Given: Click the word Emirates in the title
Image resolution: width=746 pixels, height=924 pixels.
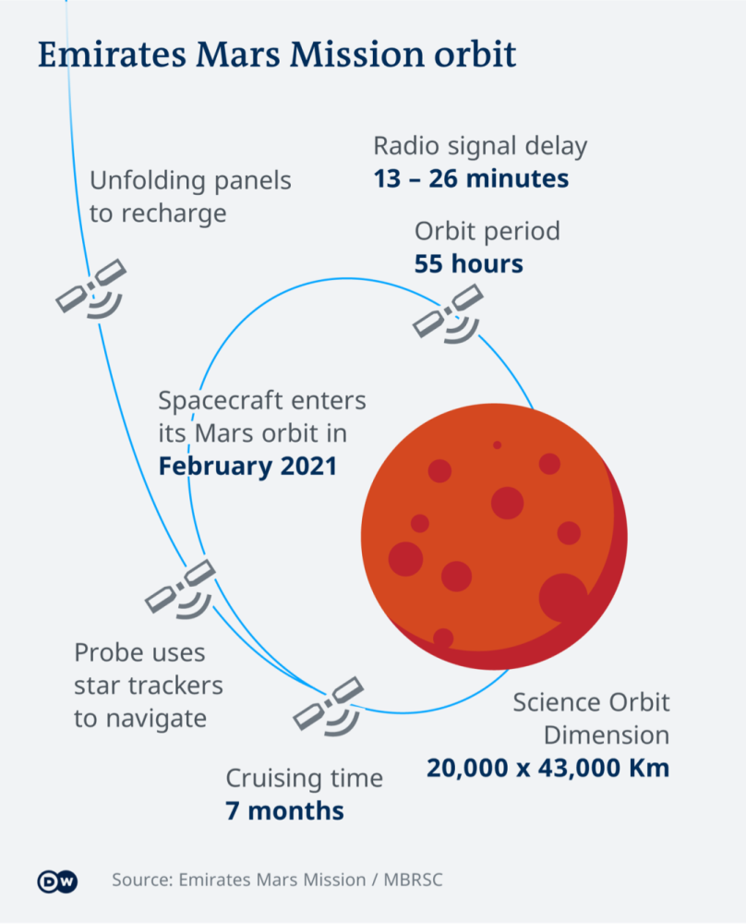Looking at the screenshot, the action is [x=112, y=55].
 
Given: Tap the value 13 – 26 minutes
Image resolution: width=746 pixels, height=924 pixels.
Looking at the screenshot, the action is [x=471, y=178].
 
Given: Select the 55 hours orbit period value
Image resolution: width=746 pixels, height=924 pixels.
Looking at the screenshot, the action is [x=469, y=264].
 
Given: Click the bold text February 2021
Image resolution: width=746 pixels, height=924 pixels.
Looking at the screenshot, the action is [x=247, y=466].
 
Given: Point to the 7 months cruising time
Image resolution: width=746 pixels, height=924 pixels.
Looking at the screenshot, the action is [x=284, y=811].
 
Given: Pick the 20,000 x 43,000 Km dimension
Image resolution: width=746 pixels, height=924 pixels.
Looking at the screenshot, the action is [x=548, y=768].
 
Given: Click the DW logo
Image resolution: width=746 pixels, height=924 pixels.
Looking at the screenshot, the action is [x=57, y=881].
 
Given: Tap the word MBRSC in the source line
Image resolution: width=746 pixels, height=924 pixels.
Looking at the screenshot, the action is [x=413, y=880].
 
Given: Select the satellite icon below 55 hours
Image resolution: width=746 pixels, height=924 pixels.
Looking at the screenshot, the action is [x=449, y=313].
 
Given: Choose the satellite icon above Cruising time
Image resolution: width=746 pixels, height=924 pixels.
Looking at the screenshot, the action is [x=329, y=706].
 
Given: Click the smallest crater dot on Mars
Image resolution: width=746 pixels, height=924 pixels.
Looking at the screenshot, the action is [x=497, y=445].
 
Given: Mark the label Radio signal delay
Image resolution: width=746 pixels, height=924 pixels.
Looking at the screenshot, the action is [x=480, y=146].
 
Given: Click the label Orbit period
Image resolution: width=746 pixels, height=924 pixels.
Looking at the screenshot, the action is [x=487, y=232].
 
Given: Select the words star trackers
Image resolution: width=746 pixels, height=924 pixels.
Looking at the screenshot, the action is [x=149, y=686].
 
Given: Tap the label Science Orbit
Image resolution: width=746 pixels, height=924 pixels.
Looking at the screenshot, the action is [x=591, y=702].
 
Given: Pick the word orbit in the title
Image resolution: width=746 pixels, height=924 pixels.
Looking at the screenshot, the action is [x=475, y=55].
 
